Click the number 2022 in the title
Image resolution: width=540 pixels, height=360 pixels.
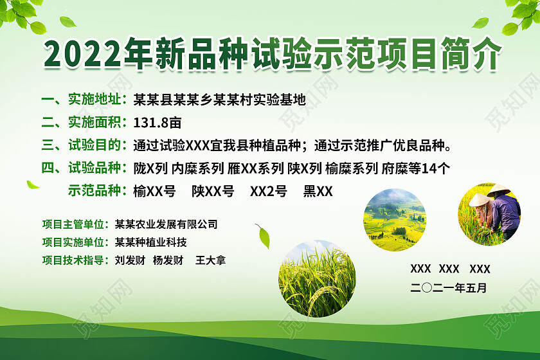[x=84, y=55]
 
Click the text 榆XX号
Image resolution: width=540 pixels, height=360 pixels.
[x=154, y=191]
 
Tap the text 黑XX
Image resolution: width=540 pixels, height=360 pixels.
[x=318, y=191]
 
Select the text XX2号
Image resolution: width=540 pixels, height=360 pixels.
[x=268, y=191]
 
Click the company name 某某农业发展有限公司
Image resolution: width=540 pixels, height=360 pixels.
[x=166, y=224]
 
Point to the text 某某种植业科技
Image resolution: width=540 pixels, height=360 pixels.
[x=150, y=242]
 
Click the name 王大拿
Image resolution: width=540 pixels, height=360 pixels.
[x=211, y=260]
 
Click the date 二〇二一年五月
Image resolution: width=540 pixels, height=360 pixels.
[x=448, y=287]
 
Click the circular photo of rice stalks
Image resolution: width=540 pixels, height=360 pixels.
[x=316, y=279]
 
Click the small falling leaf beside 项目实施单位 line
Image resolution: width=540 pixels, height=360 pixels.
[x=263, y=236]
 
